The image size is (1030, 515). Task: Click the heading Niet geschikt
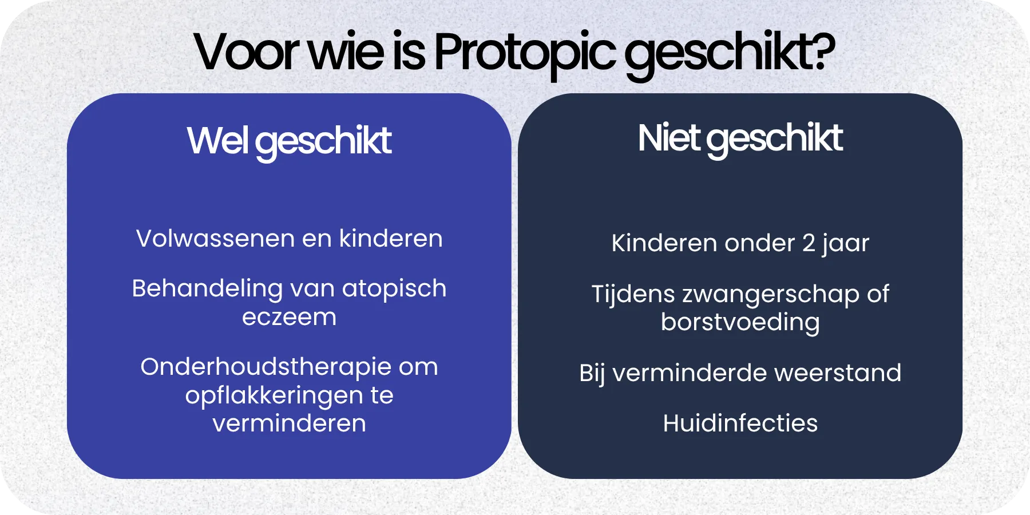click(740, 138)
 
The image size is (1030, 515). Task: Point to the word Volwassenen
click(215, 239)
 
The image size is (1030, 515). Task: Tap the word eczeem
click(289, 317)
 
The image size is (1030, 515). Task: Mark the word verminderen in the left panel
click(289, 423)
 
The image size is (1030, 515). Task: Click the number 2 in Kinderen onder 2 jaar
click(808, 243)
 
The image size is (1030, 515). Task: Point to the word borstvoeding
click(740, 322)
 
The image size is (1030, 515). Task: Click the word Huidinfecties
click(740, 423)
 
